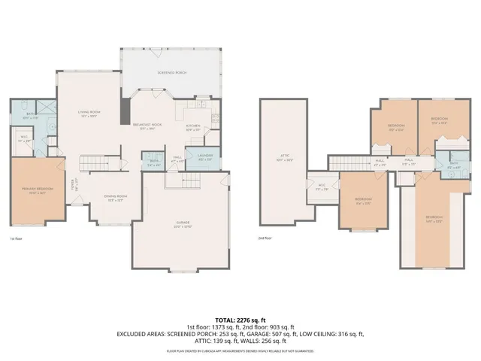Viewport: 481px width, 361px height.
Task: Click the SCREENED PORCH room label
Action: (x=172, y=72)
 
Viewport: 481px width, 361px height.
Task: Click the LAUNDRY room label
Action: (x=204, y=158)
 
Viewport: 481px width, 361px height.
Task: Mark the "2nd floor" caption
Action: (x=264, y=238)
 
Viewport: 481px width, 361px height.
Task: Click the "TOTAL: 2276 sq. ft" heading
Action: (x=240, y=320)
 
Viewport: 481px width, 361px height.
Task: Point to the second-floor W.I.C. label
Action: (x=321, y=188)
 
